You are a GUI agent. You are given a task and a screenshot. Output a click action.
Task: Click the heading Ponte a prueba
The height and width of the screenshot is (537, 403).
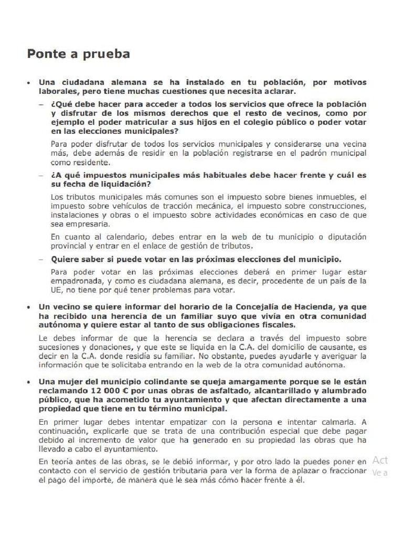click(x=79, y=53)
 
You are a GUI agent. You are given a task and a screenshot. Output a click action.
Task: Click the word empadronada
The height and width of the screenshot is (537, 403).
click(x=77, y=281)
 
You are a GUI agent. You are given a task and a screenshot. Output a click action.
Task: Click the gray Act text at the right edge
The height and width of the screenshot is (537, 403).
click(x=380, y=460)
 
